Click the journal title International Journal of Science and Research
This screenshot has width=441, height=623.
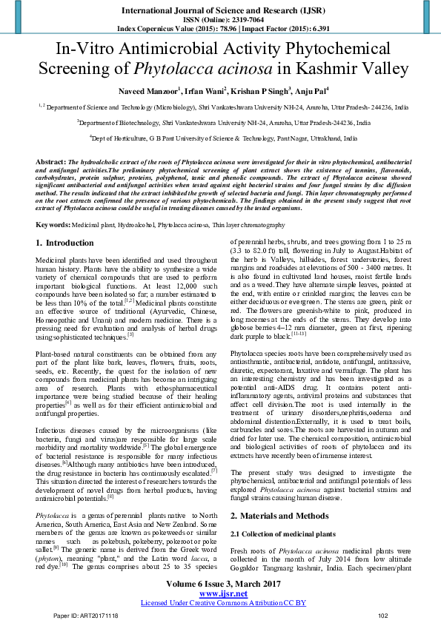point(220,9)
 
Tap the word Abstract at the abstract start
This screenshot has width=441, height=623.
point(50,161)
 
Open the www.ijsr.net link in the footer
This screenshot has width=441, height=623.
point(220,593)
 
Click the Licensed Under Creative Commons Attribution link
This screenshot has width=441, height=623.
point(220,603)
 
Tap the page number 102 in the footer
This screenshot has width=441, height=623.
point(382,616)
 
